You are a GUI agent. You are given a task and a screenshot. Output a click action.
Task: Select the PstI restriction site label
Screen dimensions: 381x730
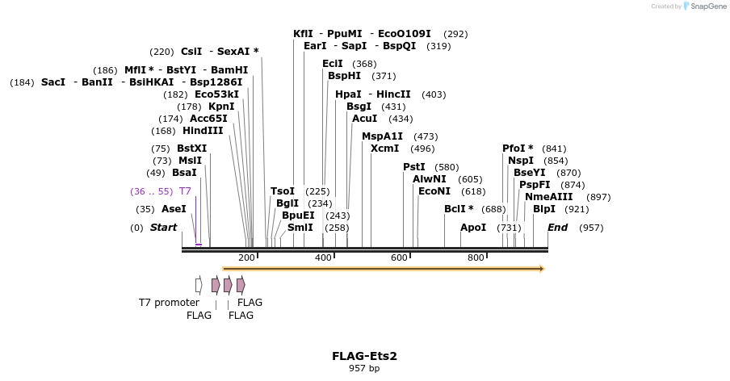[414, 167]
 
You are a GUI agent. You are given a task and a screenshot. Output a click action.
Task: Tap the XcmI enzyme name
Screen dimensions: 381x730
[384, 149]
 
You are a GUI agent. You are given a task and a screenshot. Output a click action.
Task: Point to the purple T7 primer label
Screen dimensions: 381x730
[185, 191]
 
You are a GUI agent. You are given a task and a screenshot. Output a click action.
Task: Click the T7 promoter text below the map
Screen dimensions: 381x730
[169, 303]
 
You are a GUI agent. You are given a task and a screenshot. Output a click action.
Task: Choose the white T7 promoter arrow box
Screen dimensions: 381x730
[199, 285]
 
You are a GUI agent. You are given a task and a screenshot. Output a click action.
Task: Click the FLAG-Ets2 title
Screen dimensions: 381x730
[364, 356]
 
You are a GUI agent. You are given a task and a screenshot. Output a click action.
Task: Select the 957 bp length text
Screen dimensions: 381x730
[364, 369]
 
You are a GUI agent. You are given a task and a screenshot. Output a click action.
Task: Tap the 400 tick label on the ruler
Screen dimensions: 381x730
[323, 257]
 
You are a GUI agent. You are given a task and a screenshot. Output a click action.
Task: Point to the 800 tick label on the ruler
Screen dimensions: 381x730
[476, 257]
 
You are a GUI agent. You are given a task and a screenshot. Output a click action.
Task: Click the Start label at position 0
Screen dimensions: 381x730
[163, 228]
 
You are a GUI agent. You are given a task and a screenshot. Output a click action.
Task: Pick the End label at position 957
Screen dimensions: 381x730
[558, 228]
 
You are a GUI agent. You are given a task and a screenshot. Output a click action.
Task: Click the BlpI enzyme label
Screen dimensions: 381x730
[544, 209]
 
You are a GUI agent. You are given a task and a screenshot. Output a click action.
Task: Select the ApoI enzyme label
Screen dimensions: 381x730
[473, 228]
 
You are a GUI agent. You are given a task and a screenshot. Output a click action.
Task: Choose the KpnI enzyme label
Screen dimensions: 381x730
[221, 107]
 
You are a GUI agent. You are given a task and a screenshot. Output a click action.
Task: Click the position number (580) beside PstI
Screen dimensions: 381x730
[447, 167]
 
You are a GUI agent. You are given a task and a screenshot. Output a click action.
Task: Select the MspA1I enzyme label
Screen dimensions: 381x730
[382, 136]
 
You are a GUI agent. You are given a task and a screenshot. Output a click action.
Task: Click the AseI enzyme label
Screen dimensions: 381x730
[174, 209]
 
